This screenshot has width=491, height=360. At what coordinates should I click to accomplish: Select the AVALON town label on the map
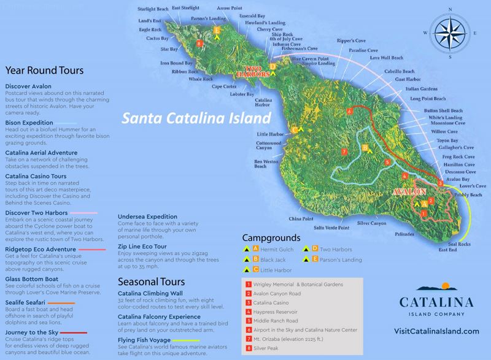406,191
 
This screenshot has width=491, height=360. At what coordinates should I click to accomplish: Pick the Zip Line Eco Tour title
146,245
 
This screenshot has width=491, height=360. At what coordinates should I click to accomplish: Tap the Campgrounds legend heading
271,237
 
